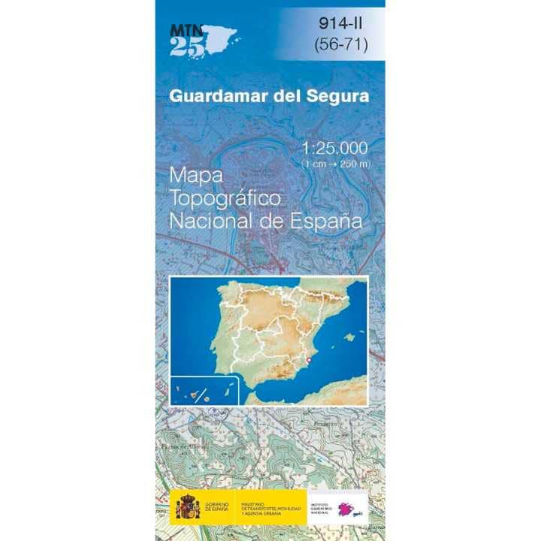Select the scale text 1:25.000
click(x=335, y=147)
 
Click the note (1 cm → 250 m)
click(x=336, y=163)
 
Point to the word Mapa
click(x=196, y=175)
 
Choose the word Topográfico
click(x=225, y=199)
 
